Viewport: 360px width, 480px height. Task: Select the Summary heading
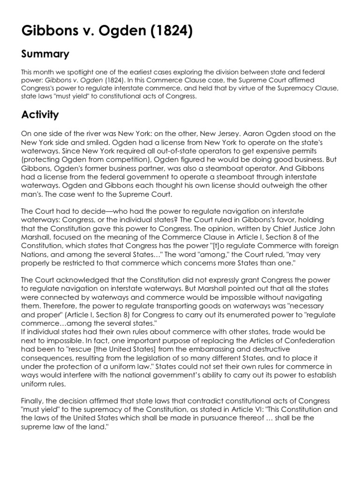pyautogui.click(x=45, y=54)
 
